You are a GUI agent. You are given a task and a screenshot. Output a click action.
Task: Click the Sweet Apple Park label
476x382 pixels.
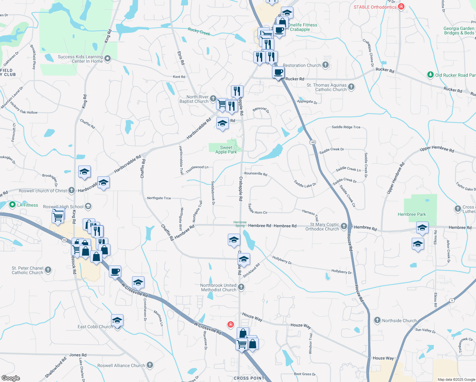[226, 150]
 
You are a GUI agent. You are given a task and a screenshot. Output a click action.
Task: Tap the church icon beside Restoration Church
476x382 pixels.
[325, 65]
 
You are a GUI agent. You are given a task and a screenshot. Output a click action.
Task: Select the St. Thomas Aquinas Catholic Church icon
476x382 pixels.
[351, 87]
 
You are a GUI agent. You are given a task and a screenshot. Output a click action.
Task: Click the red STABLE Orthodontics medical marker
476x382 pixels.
[401, 7]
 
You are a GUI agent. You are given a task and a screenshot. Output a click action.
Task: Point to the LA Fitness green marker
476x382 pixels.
[12, 205]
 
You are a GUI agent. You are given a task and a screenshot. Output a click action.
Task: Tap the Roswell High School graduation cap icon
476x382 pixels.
[88, 206]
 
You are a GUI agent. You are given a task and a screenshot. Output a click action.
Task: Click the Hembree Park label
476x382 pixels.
[412, 214]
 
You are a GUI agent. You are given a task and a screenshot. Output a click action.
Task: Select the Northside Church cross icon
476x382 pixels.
[377, 320]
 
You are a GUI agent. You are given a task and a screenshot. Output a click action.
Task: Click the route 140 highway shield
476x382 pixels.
[313, 142]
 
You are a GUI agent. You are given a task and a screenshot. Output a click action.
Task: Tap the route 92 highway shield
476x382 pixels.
[65, 240]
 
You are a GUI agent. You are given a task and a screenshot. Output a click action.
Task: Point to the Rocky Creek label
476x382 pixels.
[199, 31]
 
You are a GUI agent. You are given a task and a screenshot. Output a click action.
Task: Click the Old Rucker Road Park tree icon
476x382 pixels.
[430, 75]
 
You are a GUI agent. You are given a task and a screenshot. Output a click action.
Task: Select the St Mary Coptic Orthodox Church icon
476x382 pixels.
[344, 226]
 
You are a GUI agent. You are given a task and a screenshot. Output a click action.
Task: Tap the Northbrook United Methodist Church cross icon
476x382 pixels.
[241, 287]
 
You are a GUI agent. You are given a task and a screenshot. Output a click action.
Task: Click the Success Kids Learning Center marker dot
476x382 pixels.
[108, 58]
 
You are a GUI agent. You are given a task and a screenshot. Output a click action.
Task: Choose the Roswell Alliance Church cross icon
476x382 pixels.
[150, 365]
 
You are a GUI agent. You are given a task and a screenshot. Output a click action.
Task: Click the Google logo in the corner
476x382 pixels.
[10, 378]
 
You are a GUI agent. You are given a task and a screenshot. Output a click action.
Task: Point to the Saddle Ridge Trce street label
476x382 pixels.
[346, 127]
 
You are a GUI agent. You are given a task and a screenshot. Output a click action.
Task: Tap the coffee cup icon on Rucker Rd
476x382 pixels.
[278, 73]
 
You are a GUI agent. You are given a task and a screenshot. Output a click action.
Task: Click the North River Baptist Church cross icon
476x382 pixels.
[213, 99]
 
